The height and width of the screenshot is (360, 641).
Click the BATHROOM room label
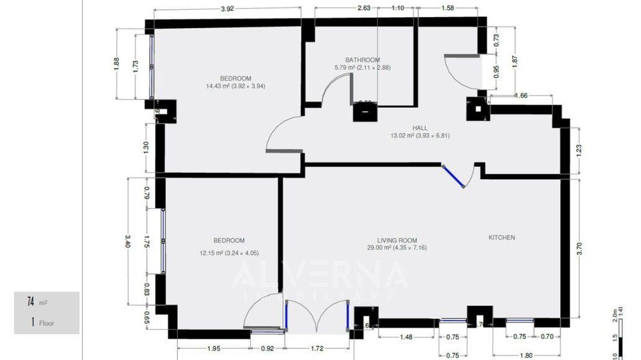tap(362, 59)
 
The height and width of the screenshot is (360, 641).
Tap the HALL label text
tap(420, 128)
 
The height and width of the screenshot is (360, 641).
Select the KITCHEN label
tap(502, 238)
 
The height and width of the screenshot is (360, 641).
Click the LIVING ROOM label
tap(397, 240)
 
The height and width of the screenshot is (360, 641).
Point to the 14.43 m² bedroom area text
tap(236, 86)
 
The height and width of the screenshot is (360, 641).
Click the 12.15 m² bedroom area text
tap(229, 253)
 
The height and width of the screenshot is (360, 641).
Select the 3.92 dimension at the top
tap(228, 9)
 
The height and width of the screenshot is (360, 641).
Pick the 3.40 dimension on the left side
tap(127, 240)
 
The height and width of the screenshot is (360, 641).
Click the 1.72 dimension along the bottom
tap(317, 348)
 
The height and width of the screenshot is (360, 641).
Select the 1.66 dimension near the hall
tap(520, 96)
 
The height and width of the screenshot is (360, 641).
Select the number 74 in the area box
tap(31, 301)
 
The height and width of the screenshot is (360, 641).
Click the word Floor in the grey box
tap(47, 323)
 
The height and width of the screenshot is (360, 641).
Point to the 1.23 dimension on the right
tap(579, 150)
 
